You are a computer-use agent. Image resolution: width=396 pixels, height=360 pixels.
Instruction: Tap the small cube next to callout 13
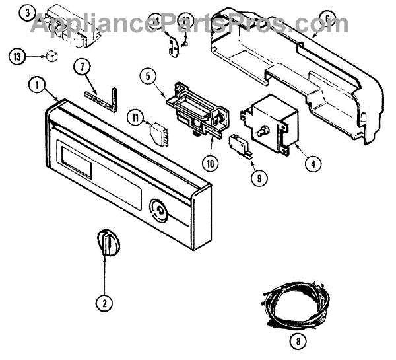(x=51, y=56)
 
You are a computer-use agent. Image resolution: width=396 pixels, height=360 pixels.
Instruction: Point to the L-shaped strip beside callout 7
(x=106, y=96)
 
